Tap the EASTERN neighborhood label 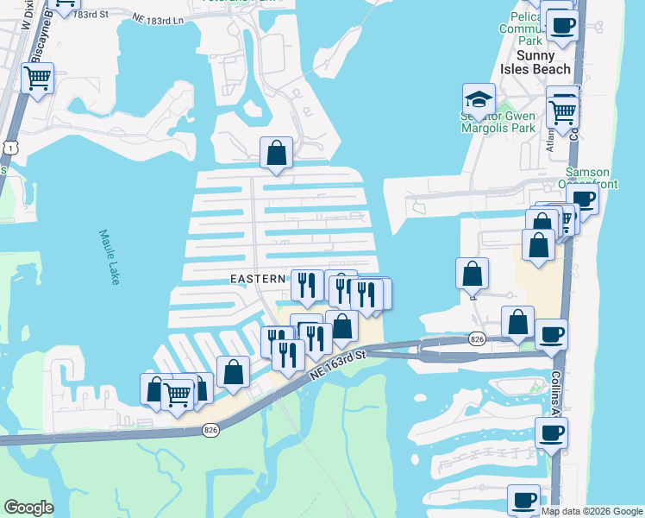pyautogui.click(x=258, y=279)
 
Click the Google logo pyautogui.click(x=28, y=508)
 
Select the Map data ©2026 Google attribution pyautogui.click(x=592, y=511)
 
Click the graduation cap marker pyautogui.click(x=479, y=99)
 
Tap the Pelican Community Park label pyautogui.click(x=521, y=29)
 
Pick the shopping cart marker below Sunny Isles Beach pyautogui.click(x=563, y=111)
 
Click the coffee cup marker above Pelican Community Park pyautogui.click(x=562, y=25)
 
